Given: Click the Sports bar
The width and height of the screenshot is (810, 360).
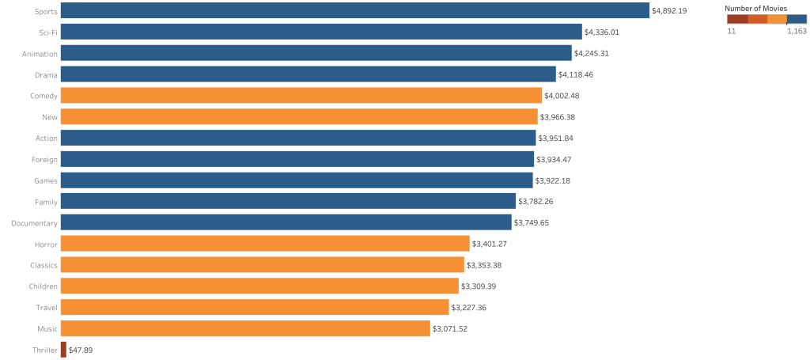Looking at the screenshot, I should pos(354,11).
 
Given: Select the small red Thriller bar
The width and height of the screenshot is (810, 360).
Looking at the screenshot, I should pos(63,349).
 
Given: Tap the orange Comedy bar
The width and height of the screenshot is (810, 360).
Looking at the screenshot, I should pos(301,96).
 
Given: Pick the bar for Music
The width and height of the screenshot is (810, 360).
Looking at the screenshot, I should pos(244,328).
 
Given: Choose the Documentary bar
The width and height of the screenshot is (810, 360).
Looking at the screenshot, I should pos(286,222).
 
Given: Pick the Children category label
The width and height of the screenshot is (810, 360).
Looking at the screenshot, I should pos(43,286).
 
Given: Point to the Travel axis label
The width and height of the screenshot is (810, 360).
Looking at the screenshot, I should pos(46,307).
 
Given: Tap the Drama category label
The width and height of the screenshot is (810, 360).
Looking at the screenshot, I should pos(45,74).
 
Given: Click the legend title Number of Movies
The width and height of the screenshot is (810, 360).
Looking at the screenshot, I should pos(755,8).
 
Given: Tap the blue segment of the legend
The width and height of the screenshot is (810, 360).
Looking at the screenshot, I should pos(797,19).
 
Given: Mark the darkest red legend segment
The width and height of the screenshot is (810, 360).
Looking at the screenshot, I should pos(737,19).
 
